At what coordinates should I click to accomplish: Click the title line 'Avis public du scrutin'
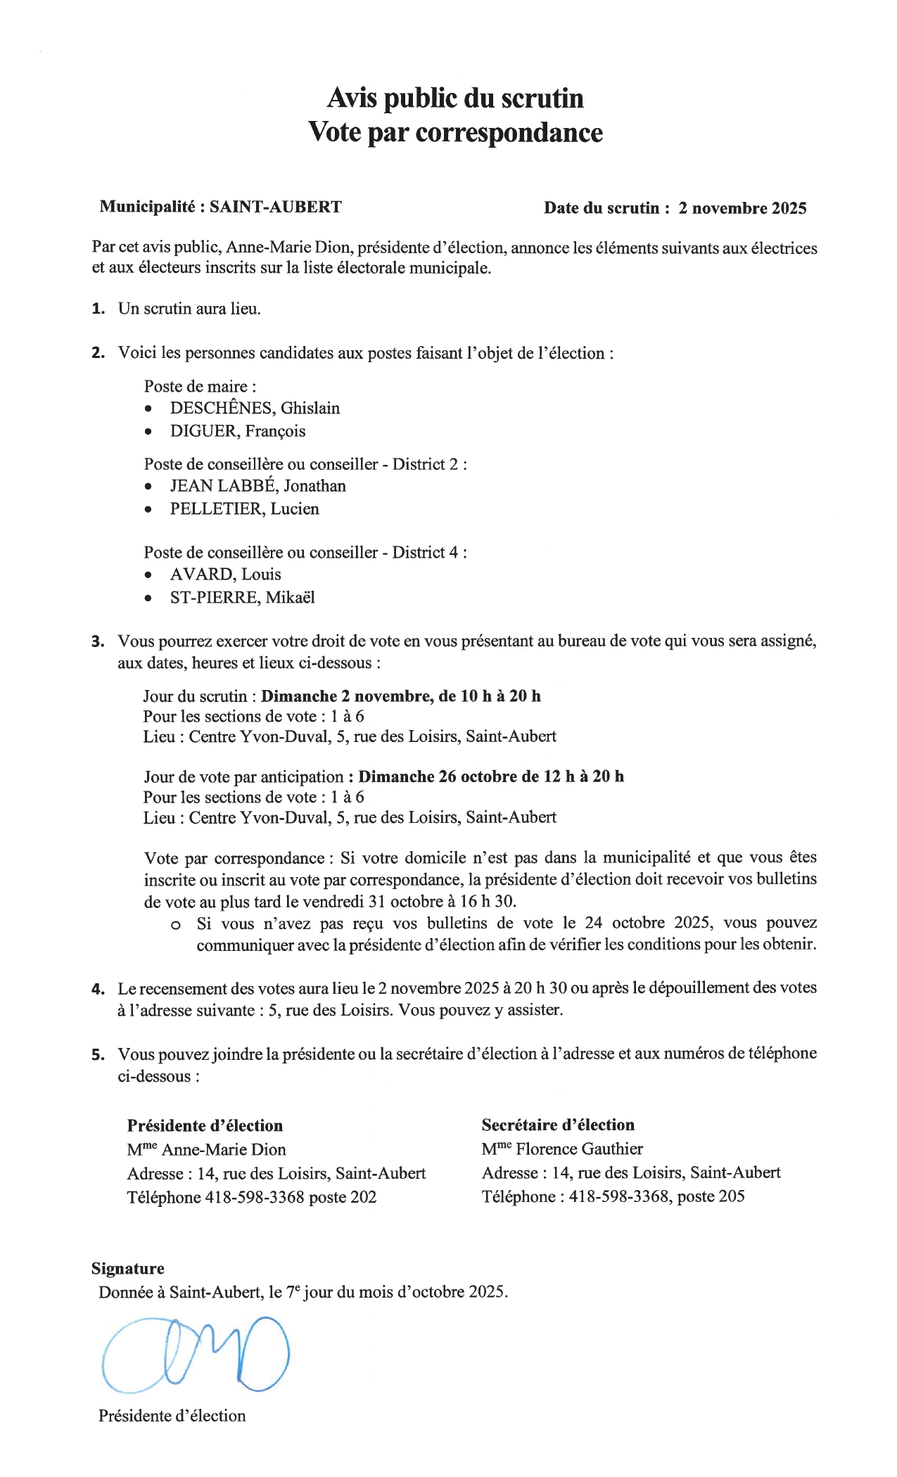(x=455, y=98)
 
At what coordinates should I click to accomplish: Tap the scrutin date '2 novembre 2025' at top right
(x=742, y=208)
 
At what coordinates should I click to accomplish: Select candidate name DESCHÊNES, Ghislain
(x=255, y=409)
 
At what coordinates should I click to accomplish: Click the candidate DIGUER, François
(x=238, y=431)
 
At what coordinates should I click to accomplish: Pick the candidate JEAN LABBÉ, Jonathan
(x=257, y=486)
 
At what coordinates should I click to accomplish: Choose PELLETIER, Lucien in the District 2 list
(x=244, y=509)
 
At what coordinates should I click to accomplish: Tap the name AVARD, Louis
(x=225, y=575)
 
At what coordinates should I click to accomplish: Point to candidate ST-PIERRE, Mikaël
(x=242, y=598)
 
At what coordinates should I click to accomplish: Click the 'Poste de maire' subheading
(x=200, y=386)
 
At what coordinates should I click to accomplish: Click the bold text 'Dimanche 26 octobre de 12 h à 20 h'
(x=491, y=776)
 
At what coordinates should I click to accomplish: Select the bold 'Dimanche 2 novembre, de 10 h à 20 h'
(x=401, y=696)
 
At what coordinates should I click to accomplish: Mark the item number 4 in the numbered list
(x=98, y=990)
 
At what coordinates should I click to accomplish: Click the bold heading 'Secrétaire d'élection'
(x=558, y=1125)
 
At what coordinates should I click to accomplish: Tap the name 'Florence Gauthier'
(x=579, y=1149)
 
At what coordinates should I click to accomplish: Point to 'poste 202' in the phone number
(x=343, y=1197)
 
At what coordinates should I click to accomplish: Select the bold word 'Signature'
(x=128, y=1268)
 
